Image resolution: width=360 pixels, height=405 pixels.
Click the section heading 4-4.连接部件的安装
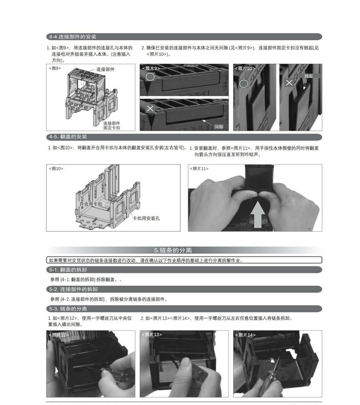pyautogui.click(x=73, y=37)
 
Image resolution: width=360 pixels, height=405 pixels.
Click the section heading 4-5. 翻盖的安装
pyautogui.click(x=68, y=137)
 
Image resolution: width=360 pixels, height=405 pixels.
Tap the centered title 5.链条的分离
pyautogui.click(x=173, y=250)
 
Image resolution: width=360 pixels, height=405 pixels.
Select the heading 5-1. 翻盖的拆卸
pyautogui.click(x=68, y=270)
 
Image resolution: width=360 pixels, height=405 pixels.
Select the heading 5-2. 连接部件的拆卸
pyautogui.click(x=73, y=289)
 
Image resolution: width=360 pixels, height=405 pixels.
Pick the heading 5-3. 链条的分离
pyautogui.click(x=68, y=309)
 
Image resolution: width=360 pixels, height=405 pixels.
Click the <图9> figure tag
pyautogui.click(x=55, y=68)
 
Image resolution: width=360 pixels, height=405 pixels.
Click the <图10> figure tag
pyautogui.click(x=56, y=169)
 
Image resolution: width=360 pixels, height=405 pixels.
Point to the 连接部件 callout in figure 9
pyautogui.click(x=105, y=69)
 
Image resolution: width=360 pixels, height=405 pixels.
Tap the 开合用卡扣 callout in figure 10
pyautogui.click(x=91, y=204)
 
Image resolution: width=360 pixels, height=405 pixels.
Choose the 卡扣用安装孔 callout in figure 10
pyautogui.click(x=146, y=218)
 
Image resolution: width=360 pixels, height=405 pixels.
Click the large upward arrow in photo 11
pyautogui.click(x=258, y=215)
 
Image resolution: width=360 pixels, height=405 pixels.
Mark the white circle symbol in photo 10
pyautogui.click(x=244, y=83)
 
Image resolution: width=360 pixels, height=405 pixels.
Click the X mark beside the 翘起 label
pyautogui.click(x=289, y=82)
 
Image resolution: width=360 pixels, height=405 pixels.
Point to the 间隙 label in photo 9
pyautogui.click(x=219, y=127)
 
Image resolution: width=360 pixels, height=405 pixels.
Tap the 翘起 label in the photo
pyautogui.click(x=308, y=76)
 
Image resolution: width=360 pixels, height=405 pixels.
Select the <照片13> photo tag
pyautogui.click(x=152, y=334)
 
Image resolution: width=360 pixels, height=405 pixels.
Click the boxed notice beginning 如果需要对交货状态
pyautogui.click(x=184, y=260)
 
